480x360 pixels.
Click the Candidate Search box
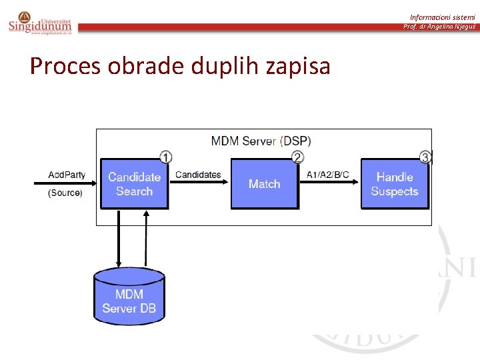point(134,184)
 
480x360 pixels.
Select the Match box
point(264,184)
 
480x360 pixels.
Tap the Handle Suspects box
point(394,184)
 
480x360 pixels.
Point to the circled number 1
point(165,157)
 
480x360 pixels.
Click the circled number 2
point(297,157)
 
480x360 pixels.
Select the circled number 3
point(425,157)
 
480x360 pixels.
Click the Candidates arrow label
point(198,175)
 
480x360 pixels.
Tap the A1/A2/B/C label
point(328,175)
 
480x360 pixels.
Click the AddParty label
point(67,175)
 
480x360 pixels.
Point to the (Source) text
point(65,193)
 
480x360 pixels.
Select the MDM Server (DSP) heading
point(261,141)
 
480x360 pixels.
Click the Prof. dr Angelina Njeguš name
point(439,27)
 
